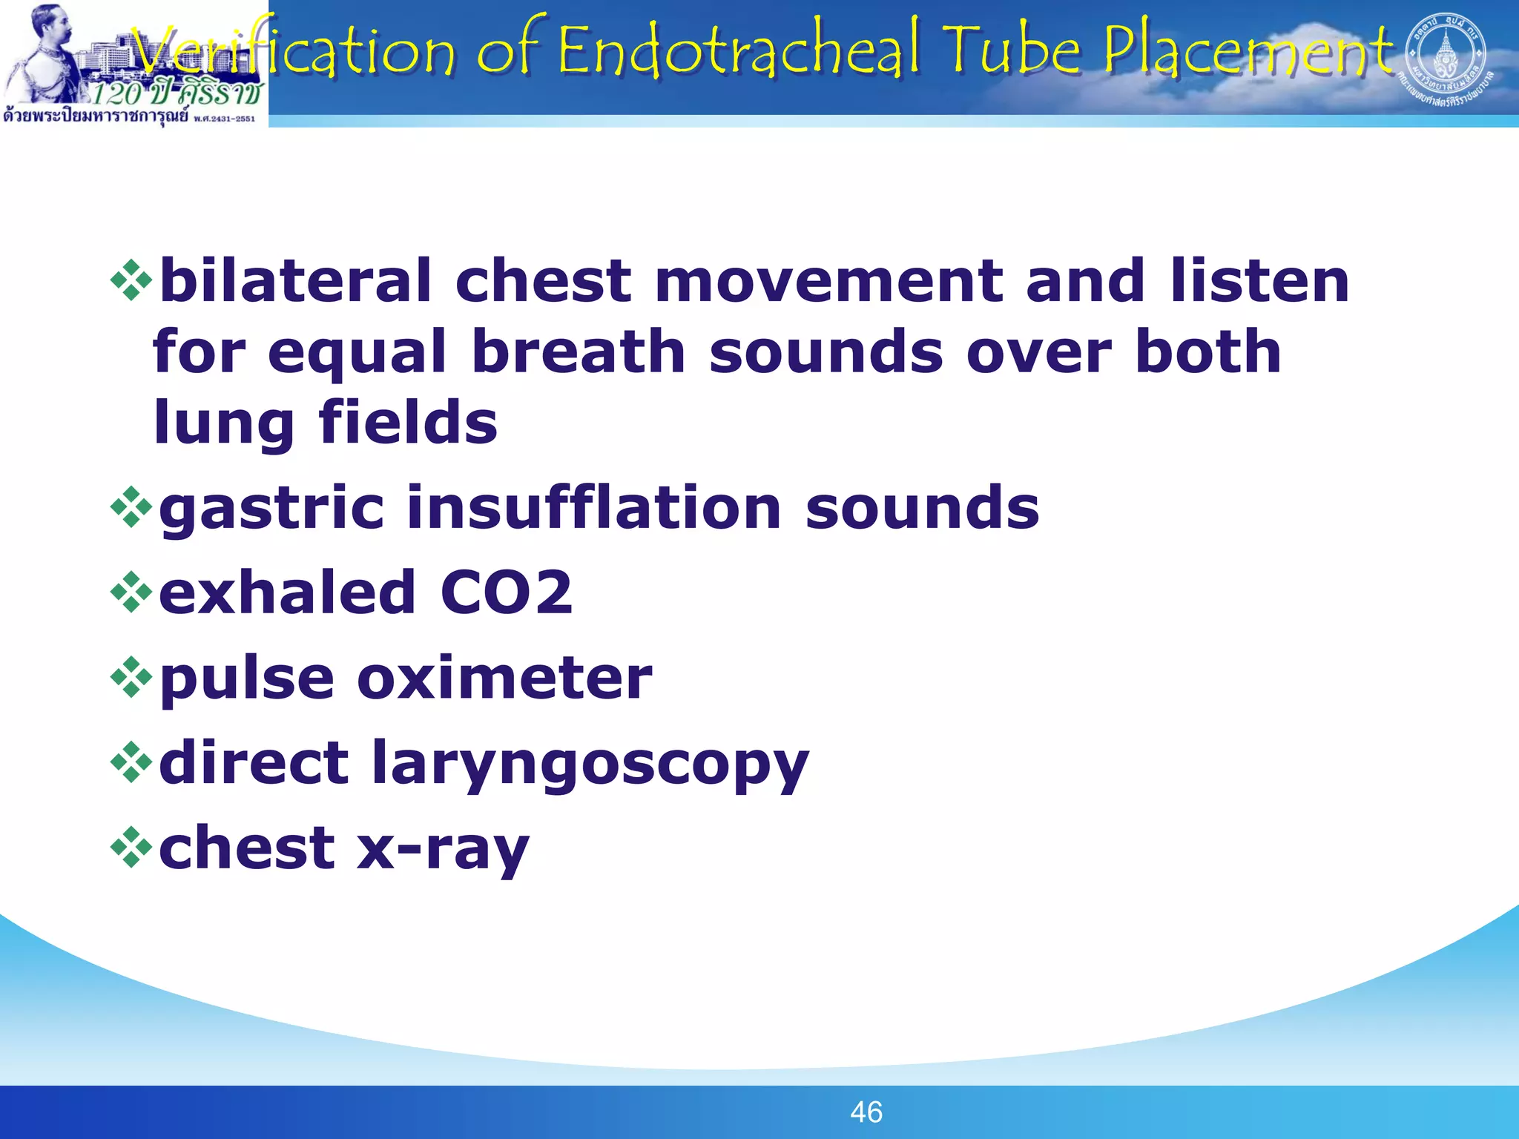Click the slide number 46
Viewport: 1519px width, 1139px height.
point(866,1112)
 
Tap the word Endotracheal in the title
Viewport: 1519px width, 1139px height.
point(738,50)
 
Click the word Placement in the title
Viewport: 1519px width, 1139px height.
point(1248,50)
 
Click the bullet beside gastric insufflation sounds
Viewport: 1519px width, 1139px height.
point(131,507)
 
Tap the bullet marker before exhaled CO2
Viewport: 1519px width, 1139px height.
point(131,592)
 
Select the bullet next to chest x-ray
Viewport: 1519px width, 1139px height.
point(131,848)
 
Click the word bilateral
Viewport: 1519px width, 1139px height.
point(295,281)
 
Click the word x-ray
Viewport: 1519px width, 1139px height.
point(443,849)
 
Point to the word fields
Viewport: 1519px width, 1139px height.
point(408,423)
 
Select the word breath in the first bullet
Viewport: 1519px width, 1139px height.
point(579,351)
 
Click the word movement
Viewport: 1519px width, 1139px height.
point(828,281)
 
